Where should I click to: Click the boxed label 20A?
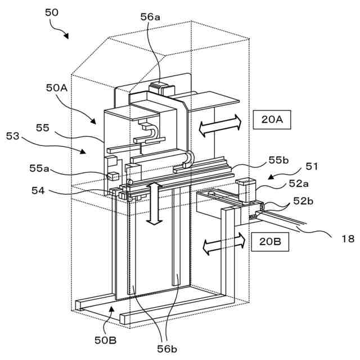pos(272,120)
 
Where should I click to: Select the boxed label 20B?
pos(270,242)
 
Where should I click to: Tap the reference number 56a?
pos(150,17)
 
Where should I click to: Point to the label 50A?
pos(57,88)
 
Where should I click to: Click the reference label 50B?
pos(105,340)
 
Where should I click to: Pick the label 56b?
pos(167,349)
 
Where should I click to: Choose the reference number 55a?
pos(39,168)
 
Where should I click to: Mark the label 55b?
pos(278,160)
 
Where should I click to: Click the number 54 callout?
pos(38,191)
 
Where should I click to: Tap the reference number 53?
pos(12,136)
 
